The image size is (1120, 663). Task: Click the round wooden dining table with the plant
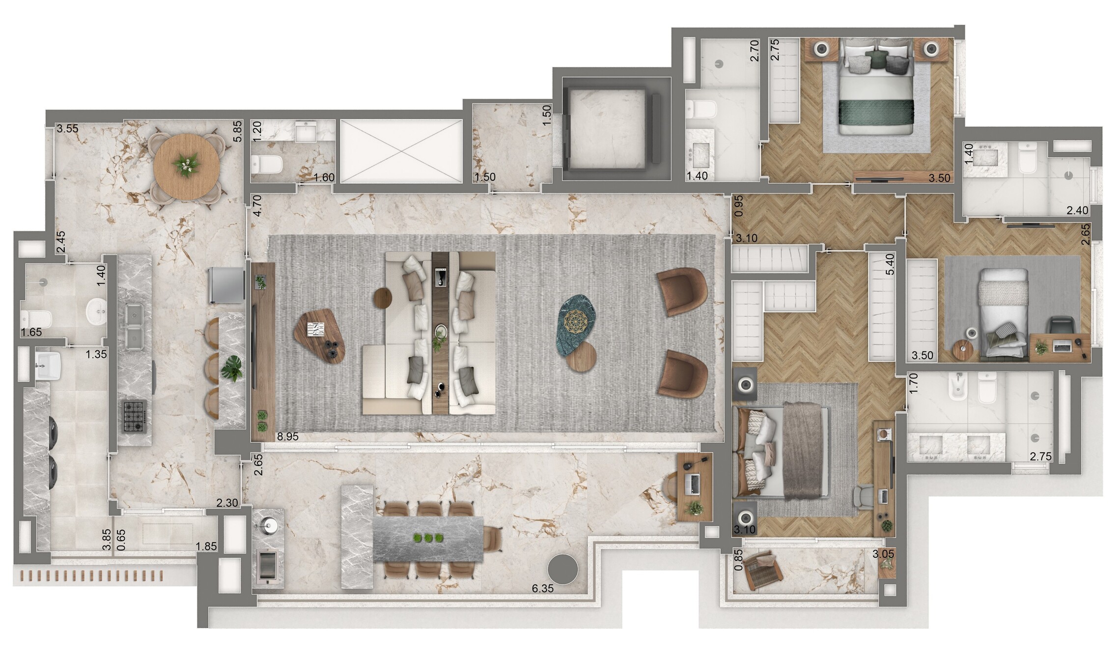tap(186, 166)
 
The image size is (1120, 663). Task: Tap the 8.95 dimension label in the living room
tap(287, 436)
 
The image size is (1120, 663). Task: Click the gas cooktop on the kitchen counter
tap(135, 416)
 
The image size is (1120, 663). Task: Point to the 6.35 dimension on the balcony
tap(542, 588)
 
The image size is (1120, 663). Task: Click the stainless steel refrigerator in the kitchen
tap(226, 285)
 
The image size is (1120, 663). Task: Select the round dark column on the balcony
tap(563, 569)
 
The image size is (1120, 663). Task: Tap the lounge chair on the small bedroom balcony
tap(762, 569)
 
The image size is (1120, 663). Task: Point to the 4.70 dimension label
tap(257, 206)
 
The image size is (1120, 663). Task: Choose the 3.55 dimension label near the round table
tap(67, 129)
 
